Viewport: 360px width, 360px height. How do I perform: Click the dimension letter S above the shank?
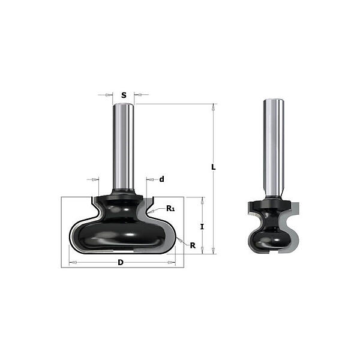point(124,95)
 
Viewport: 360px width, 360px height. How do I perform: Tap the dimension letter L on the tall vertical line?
point(214,167)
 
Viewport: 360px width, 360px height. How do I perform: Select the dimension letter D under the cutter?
point(121,262)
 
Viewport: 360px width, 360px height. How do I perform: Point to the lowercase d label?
point(162,179)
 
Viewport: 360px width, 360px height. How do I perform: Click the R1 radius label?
point(170,209)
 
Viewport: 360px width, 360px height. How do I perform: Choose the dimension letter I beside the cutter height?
point(202,227)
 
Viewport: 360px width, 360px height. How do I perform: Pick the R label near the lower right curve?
point(193,245)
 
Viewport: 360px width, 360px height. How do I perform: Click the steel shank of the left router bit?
point(124,147)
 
